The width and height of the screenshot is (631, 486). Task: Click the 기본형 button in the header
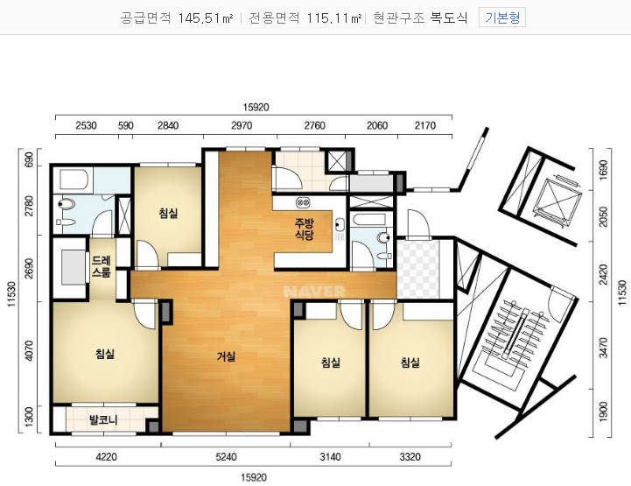[x=501, y=18]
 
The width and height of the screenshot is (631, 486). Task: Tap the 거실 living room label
[x=226, y=356]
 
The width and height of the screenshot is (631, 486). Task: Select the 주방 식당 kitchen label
[x=305, y=229]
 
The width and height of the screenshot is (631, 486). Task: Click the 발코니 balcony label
[x=103, y=420]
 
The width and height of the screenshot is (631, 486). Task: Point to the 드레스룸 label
[x=101, y=266]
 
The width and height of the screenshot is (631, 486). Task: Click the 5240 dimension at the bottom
[x=226, y=457]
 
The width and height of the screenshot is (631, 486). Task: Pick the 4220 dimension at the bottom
[x=106, y=457]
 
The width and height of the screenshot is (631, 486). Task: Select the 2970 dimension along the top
[x=242, y=125]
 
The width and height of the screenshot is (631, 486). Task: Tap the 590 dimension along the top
[x=125, y=125]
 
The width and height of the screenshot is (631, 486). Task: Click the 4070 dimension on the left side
[x=29, y=350]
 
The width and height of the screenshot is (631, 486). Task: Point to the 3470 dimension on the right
[x=603, y=348]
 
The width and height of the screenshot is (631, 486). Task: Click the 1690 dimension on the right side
[x=603, y=170]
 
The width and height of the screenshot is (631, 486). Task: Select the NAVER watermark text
[x=315, y=292]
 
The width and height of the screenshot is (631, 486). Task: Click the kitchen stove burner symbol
[x=303, y=202]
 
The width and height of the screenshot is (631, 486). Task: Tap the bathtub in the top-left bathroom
[x=74, y=180]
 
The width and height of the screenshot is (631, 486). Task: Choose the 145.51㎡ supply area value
[x=206, y=18]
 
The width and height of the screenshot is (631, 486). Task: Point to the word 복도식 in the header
[x=449, y=18]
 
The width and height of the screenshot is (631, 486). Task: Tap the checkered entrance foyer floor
[x=417, y=269]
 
